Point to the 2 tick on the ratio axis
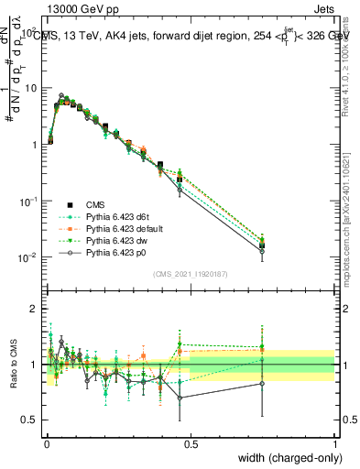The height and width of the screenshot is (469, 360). click(34, 309)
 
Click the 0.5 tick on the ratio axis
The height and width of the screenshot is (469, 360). click(30, 420)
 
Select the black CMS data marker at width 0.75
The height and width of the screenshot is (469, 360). click(262, 245)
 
